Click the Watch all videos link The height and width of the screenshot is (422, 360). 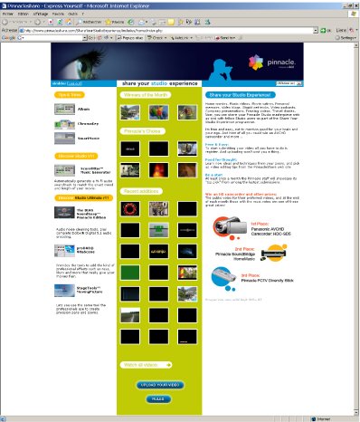(x=141, y=365)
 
